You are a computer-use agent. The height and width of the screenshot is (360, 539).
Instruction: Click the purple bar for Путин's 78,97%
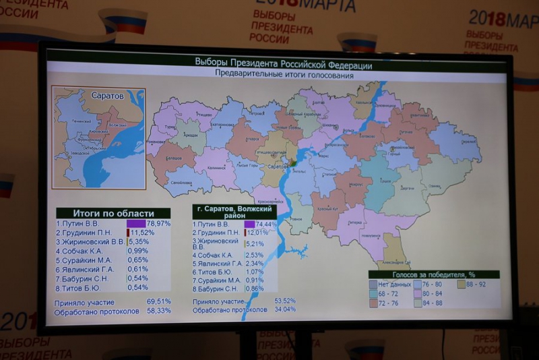point(136,223)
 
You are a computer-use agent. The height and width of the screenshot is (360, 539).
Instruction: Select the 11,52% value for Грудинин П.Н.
point(143,233)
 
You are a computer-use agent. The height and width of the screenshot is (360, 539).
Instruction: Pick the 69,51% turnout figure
point(159,302)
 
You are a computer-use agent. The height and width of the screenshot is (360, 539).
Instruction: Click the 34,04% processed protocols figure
point(285,309)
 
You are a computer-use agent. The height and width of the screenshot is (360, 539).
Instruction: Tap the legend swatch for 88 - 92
point(462,284)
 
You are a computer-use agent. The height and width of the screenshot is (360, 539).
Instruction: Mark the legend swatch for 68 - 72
point(373,294)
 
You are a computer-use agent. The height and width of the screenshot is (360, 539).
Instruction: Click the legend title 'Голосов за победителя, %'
point(433,275)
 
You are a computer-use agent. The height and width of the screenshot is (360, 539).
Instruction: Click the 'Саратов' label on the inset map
point(108,96)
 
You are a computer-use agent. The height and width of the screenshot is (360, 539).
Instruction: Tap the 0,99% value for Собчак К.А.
point(138,251)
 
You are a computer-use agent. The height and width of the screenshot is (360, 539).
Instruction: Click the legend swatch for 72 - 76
point(373,303)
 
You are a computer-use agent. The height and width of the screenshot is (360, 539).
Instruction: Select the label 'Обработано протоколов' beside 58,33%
point(98,311)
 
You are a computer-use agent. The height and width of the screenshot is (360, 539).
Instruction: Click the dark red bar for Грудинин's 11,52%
point(128,233)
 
